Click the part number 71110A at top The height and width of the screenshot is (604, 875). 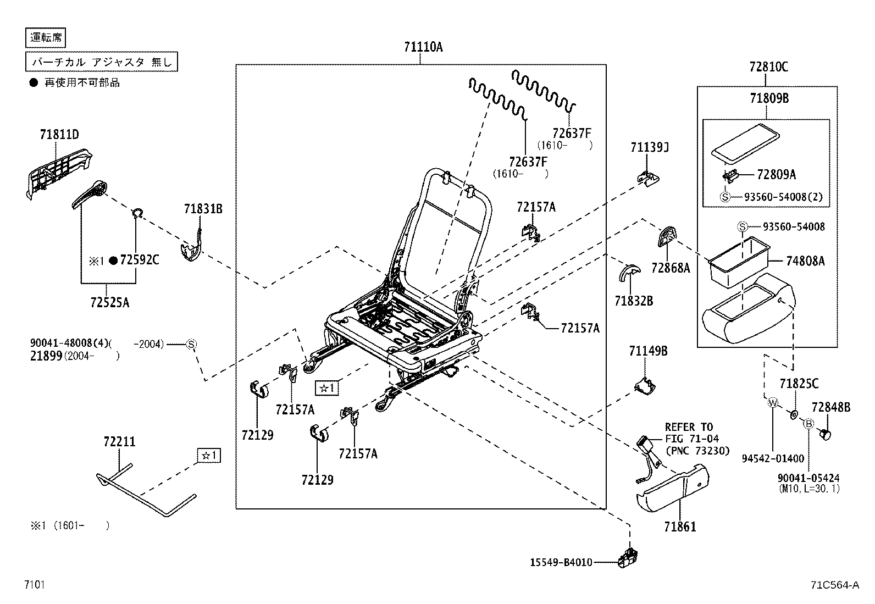[422, 47]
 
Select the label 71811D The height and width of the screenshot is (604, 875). [59, 134]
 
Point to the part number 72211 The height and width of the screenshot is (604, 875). [119, 442]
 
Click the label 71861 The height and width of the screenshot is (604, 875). [680, 527]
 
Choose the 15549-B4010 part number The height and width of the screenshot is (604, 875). [561, 562]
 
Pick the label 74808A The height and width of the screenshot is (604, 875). [805, 262]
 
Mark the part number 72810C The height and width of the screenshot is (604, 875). [768, 67]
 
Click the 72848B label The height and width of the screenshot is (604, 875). [830, 407]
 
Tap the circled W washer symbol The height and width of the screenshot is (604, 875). [772, 403]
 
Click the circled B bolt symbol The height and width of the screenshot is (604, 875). [808, 423]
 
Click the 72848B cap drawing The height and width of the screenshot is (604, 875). [826, 434]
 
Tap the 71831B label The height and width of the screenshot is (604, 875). [203, 208]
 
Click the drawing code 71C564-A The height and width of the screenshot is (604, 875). [834, 585]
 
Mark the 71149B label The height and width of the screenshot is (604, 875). [649, 351]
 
